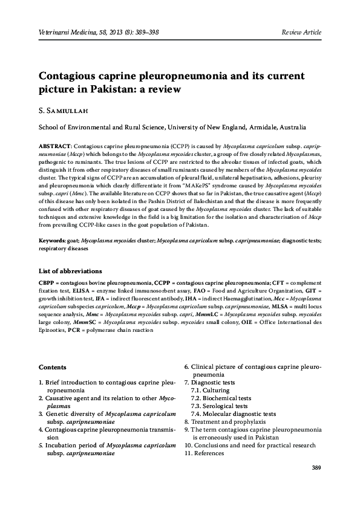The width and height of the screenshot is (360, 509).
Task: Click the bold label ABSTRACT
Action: (55, 147)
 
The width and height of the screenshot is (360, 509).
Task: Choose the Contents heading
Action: (53, 367)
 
